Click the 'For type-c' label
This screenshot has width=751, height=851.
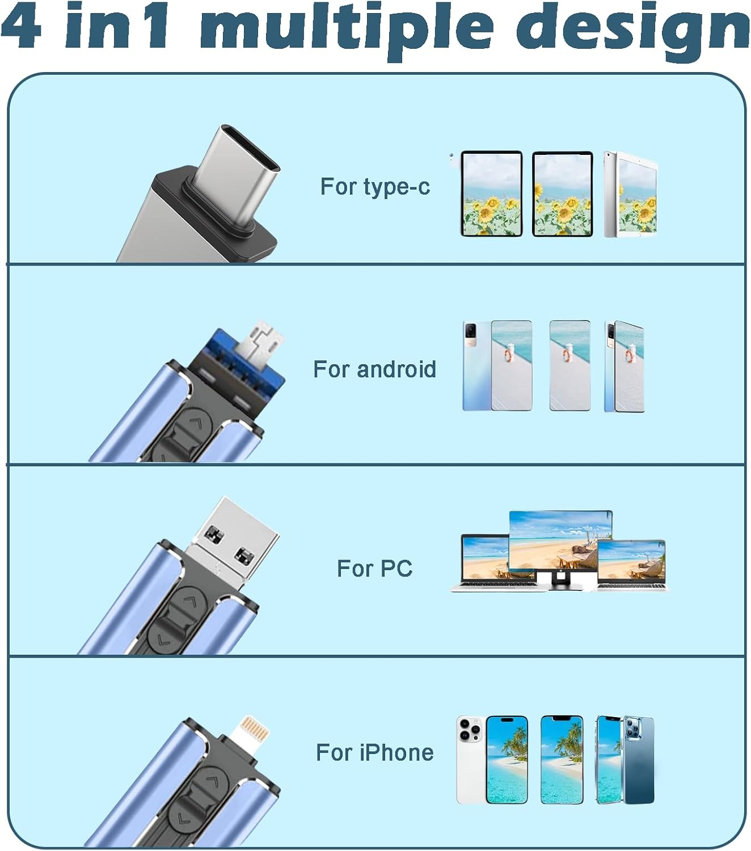pyautogui.click(x=375, y=187)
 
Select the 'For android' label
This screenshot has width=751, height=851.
pyautogui.click(x=375, y=369)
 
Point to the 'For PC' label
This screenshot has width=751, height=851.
pyautogui.click(x=374, y=568)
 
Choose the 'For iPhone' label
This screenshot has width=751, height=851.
pyautogui.click(x=375, y=753)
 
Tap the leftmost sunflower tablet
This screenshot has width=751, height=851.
pyautogui.click(x=491, y=193)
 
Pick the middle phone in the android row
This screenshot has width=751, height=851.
pyautogui.click(x=569, y=365)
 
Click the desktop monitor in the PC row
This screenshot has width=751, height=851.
pyautogui.click(x=560, y=542)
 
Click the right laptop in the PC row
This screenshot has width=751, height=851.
pyautogui.click(x=631, y=564)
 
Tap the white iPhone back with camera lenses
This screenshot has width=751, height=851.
pyautogui.click(x=469, y=760)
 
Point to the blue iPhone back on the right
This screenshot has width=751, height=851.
pyautogui.click(x=639, y=760)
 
